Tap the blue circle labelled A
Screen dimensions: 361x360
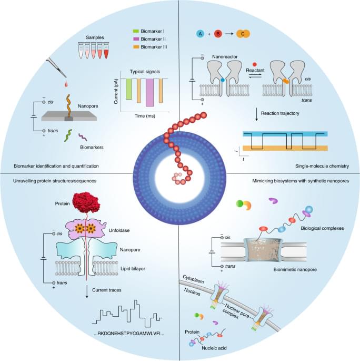(x=199, y=34)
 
